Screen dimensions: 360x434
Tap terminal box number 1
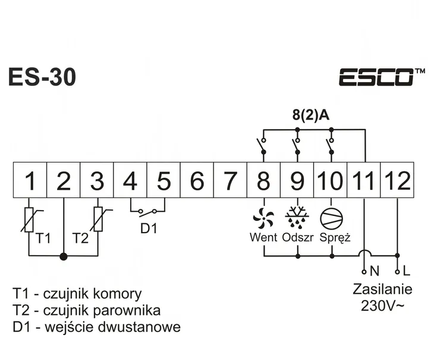[30, 180]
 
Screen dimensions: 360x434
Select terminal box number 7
[230, 180]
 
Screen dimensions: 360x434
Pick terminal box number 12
[397, 180]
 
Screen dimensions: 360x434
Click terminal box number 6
[197, 180]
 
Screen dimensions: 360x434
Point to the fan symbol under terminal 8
[263, 218]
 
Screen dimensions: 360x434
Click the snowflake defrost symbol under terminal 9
[297, 218]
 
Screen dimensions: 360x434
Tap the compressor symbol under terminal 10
[330, 218]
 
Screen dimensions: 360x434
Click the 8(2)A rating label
[311, 115]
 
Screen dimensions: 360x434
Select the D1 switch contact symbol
[147, 211]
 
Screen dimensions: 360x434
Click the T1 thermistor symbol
[30, 218]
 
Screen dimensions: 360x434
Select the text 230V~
[382, 306]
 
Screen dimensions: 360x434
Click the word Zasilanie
[382, 290]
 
